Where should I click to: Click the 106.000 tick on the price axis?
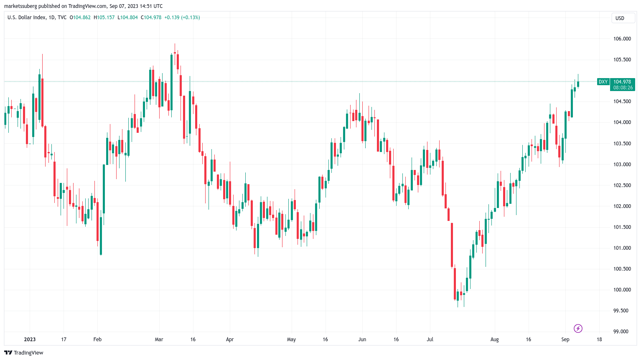click(622, 39)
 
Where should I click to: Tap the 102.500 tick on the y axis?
click(622, 185)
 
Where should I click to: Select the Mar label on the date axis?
click(159, 340)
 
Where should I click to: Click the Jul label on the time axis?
click(430, 340)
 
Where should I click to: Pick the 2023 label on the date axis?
click(30, 340)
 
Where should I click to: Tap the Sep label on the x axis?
click(565, 340)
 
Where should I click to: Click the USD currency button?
click(620, 18)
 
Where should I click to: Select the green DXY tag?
click(603, 82)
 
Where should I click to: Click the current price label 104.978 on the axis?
click(622, 82)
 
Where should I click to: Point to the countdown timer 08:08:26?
click(622, 88)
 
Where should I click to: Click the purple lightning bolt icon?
click(578, 328)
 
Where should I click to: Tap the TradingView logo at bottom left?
click(24, 352)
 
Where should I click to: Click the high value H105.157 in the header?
click(104, 18)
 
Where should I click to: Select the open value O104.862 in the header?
click(80, 18)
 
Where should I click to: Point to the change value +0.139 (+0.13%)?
click(182, 18)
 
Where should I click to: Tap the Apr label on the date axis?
click(229, 340)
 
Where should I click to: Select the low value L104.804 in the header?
click(128, 18)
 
